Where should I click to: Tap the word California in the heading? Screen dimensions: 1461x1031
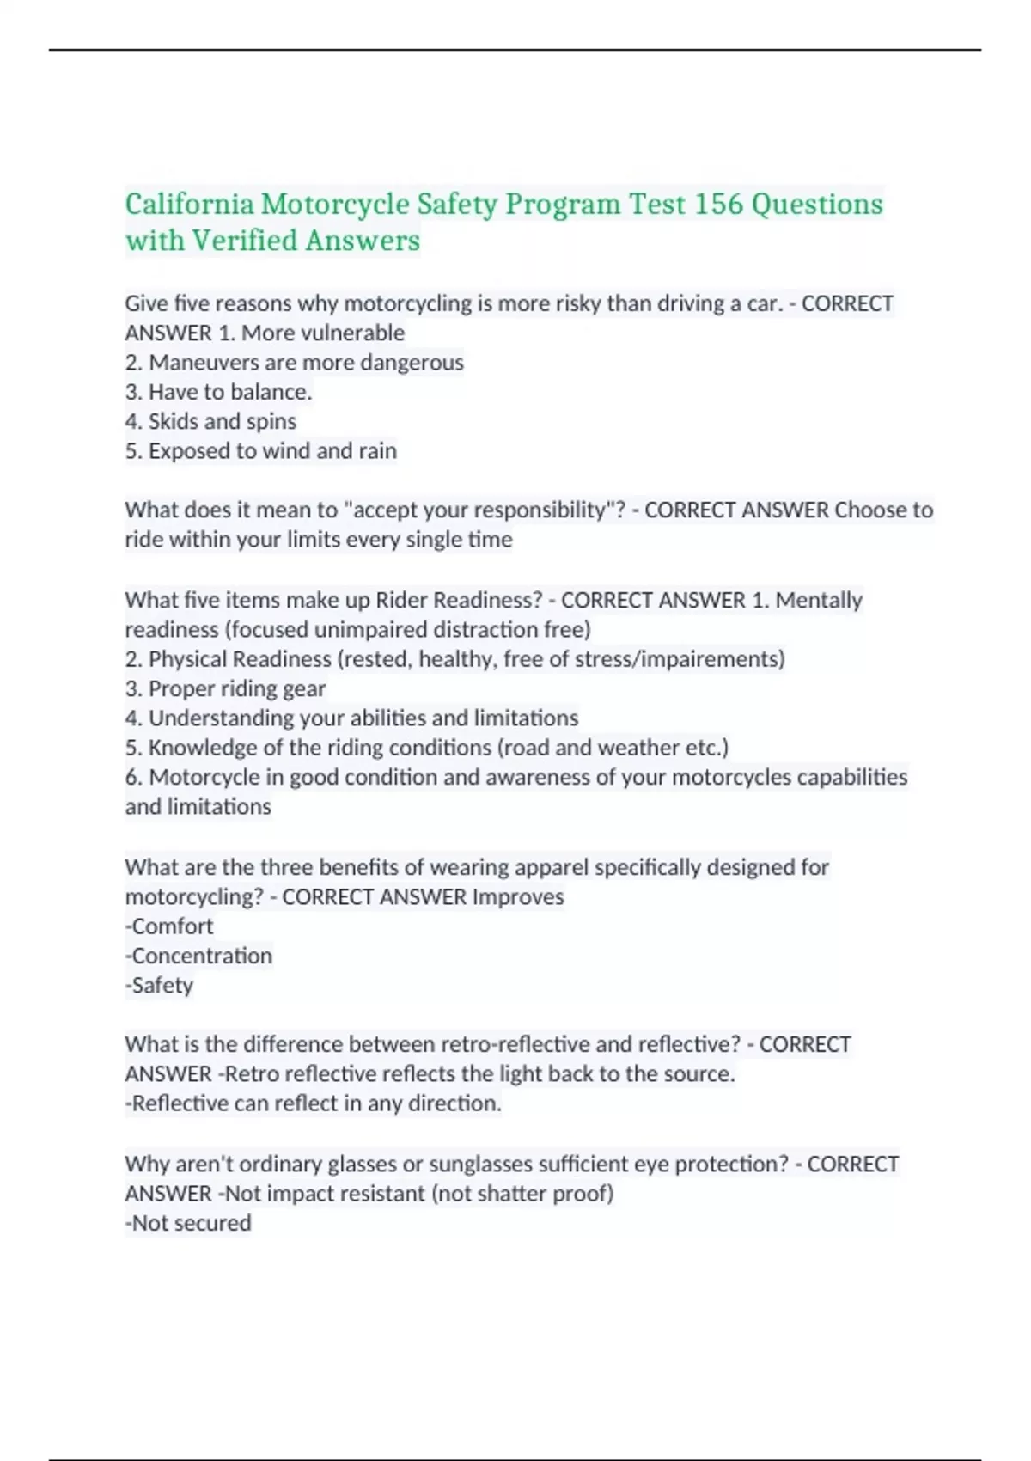pos(189,205)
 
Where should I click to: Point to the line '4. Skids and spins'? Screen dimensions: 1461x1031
pos(210,421)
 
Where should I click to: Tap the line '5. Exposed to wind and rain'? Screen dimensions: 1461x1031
pos(260,451)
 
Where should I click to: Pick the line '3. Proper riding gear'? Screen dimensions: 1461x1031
pos(225,688)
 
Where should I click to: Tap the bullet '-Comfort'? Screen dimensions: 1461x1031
pos(168,926)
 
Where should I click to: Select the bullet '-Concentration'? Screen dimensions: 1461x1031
pos(198,956)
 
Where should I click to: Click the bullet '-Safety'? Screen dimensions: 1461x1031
pos(159,986)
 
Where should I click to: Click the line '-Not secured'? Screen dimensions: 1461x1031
pos(188,1223)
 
